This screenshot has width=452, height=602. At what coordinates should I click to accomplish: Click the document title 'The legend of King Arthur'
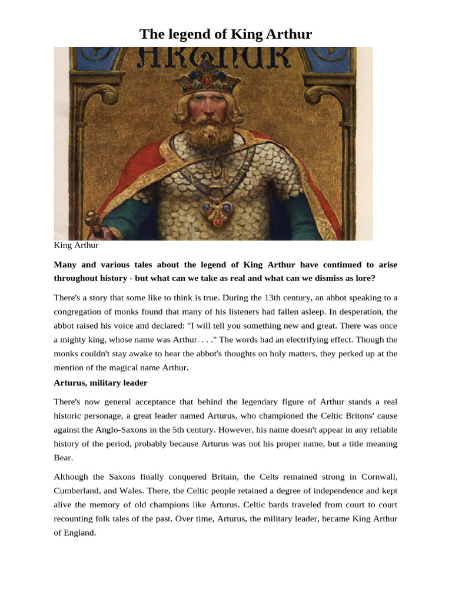click(225, 35)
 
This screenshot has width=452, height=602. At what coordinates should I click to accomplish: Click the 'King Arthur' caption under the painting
click(76, 245)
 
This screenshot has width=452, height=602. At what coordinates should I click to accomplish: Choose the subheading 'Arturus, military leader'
click(100, 383)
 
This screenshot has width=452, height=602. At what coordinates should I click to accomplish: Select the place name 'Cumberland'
click(78, 490)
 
